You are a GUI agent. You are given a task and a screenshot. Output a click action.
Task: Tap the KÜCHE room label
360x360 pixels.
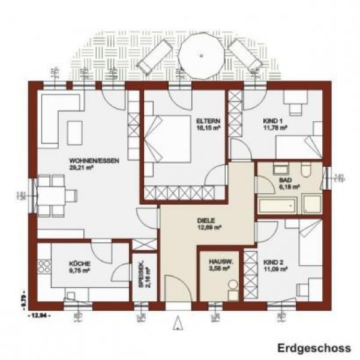tap(79, 263)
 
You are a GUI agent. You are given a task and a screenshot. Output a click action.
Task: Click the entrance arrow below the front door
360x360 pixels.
tap(178, 324)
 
